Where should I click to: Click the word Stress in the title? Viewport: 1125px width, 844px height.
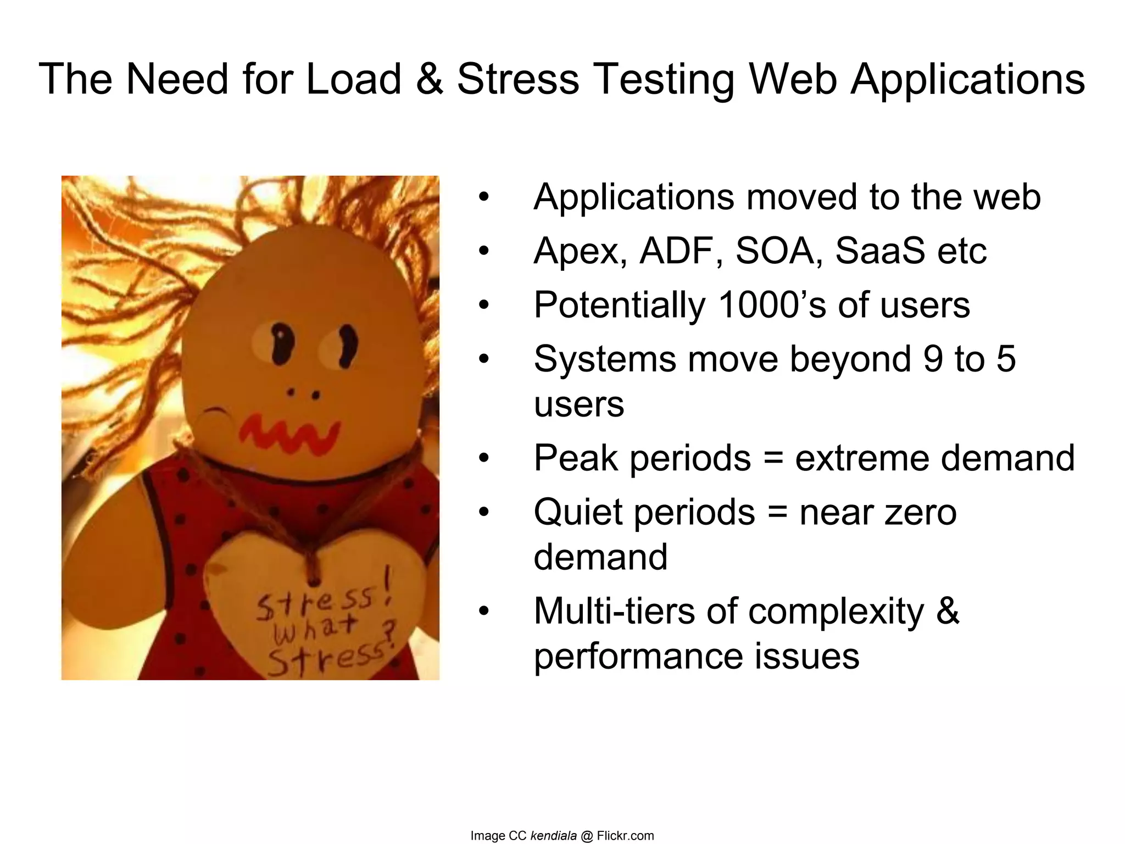pyautogui.click(x=517, y=79)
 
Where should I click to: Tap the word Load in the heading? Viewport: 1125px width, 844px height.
pyautogui.click(x=353, y=79)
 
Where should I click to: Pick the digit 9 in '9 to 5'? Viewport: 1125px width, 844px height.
pyautogui.click(x=933, y=359)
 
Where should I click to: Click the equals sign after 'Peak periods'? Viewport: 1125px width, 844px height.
pyautogui.click(x=773, y=458)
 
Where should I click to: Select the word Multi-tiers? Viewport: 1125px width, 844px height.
pyautogui.click(x=614, y=611)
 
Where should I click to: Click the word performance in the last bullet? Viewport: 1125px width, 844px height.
pyautogui.click(x=638, y=657)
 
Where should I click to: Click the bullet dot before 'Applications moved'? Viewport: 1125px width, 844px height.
pyautogui.click(x=483, y=197)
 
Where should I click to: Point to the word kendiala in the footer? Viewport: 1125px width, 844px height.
pyautogui.click(x=553, y=836)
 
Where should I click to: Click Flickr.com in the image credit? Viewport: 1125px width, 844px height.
pyautogui.click(x=625, y=836)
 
